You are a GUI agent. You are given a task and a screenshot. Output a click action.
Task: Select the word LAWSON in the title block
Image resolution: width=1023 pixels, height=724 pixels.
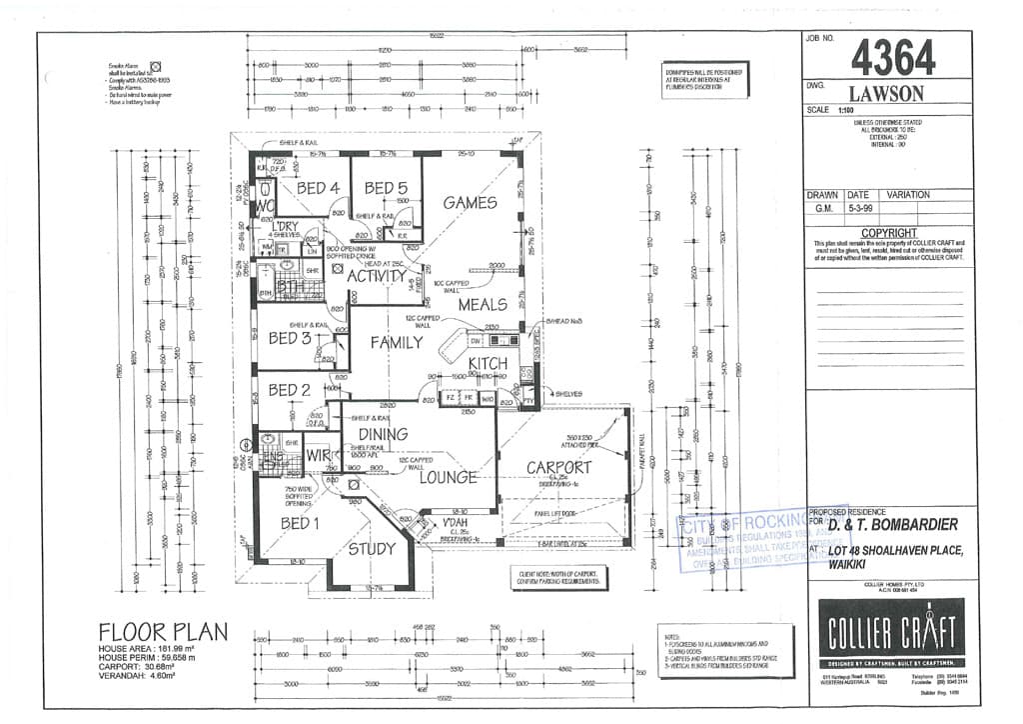889,93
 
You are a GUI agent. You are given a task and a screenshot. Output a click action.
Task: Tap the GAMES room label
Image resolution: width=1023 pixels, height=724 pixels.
470,203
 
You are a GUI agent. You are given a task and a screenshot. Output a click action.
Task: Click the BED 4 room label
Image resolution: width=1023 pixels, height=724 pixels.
318,188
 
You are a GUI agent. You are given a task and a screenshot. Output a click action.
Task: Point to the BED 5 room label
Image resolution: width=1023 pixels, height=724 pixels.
386,188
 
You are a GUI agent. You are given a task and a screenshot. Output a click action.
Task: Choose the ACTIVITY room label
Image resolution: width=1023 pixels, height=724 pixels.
376,276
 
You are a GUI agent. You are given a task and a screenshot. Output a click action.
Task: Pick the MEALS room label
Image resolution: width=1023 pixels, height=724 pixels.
483,304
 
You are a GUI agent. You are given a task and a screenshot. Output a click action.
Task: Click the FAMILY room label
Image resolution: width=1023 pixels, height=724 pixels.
397,342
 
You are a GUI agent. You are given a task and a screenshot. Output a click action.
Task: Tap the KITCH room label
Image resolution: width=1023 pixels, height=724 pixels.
488,364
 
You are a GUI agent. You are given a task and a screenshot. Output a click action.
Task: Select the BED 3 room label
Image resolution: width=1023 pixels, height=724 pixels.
290,339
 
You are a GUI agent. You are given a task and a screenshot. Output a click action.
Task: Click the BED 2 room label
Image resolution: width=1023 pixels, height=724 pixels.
290,390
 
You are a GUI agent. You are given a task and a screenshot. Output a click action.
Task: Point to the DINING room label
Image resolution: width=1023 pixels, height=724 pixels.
384,434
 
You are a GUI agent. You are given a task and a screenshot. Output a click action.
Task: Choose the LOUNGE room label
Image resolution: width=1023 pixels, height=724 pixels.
448,478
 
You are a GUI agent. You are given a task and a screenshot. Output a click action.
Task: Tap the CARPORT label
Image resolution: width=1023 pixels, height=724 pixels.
558,467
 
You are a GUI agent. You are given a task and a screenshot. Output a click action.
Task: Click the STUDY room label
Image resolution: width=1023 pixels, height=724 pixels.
372,548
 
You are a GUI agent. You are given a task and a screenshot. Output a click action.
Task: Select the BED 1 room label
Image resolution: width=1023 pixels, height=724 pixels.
300,524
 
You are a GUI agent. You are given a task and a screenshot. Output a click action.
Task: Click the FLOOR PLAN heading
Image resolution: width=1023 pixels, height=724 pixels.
163,632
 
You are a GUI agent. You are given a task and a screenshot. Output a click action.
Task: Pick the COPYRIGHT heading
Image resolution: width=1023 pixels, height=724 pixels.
889,232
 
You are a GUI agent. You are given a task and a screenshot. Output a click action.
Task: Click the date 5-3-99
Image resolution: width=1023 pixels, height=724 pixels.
859,210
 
